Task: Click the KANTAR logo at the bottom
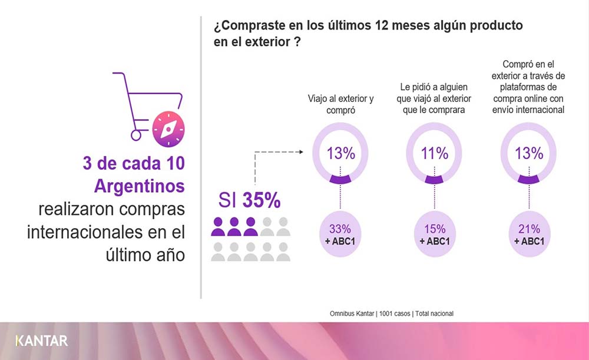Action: (x=41, y=341)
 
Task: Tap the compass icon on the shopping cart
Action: (x=168, y=129)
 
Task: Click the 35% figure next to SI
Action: (x=262, y=200)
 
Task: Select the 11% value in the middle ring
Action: (x=435, y=154)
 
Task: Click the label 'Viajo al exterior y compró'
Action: (x=340, y=104)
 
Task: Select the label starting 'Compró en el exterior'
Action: (x=529, y=87)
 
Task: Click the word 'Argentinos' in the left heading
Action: (x=139, y=186)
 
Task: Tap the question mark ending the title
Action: (x=298, y=42)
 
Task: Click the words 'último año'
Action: (x=145, y=255)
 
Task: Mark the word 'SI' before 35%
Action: (x=227, y=201)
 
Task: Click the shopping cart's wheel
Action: (x=136, y=135)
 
